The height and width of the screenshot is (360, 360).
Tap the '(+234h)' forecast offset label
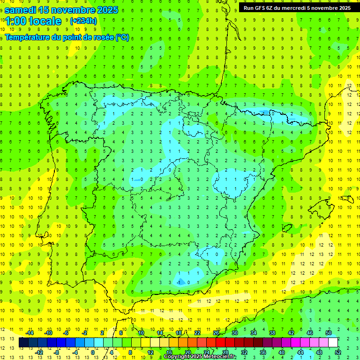click(x=83, y=21)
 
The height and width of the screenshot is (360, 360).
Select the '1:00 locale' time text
click(x=33, y=21)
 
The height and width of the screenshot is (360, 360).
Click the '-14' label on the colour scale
click(x=29, y=333)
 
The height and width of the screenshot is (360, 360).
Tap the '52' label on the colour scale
click(x=338, y=352)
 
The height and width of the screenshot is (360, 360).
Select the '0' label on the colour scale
click(x=93, y=352)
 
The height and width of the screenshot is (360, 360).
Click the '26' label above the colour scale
click(x=216, y=333)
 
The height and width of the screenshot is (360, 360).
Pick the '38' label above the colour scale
click(x=272, y=333)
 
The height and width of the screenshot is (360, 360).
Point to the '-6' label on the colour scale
click(x=66, y=333)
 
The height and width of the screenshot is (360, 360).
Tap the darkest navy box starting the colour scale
click(x=23, y=343)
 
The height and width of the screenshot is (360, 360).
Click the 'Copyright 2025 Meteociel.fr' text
click(x=200, y=357)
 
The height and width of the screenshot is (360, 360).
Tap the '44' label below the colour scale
click(x=300, y=352)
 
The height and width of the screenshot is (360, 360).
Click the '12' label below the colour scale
click(x=150, y=352)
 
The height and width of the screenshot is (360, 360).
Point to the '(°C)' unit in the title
click(x=122, y=37)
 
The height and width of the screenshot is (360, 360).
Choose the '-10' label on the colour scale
click(x=47, y=333)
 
